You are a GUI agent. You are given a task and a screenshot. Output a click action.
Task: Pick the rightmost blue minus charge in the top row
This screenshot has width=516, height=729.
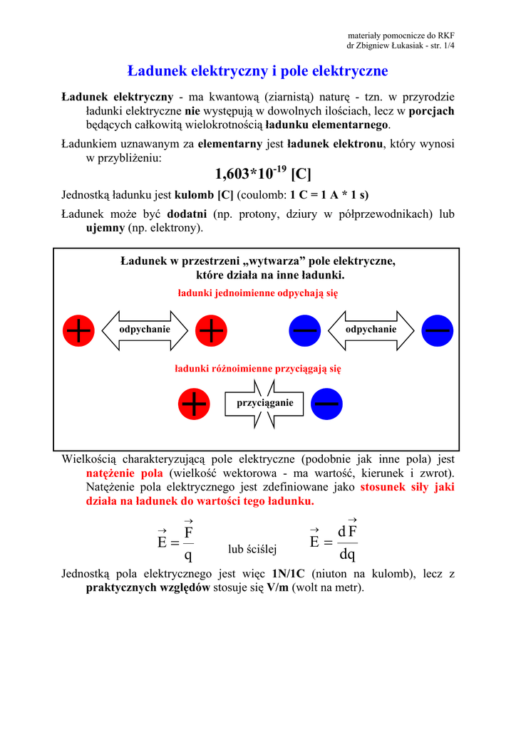point(437,330)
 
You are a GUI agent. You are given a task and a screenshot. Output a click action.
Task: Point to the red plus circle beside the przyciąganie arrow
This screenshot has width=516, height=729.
point(195,404)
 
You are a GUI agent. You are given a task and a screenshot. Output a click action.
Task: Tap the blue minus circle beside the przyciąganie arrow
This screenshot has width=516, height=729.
point(326,404)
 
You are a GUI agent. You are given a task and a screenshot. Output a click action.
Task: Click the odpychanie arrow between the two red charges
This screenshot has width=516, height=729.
point(145,330)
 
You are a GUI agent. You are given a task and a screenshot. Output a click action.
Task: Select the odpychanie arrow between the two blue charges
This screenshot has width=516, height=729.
point(371,330)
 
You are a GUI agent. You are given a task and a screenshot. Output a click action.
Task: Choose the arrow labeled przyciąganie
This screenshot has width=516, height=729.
point(260,404)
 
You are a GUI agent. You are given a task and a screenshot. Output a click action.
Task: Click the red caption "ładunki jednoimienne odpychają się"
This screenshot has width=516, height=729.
point(257,293)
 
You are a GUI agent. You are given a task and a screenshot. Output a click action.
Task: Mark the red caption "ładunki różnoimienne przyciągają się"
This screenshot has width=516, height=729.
point(258,369)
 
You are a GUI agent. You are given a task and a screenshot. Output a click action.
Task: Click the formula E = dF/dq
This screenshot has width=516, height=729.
point(334,542)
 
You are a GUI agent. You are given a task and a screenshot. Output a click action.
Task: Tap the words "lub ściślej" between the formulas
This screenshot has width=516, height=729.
point(252,549)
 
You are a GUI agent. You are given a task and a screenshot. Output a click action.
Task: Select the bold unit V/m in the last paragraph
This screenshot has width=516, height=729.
point(281,588)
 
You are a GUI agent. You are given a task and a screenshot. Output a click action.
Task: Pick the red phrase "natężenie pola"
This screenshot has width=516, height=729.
point(125,474)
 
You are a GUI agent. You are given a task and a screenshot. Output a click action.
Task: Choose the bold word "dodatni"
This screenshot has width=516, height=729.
point(187,214)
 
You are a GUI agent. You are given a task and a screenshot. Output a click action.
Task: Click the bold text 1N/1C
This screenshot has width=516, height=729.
point(289,575)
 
